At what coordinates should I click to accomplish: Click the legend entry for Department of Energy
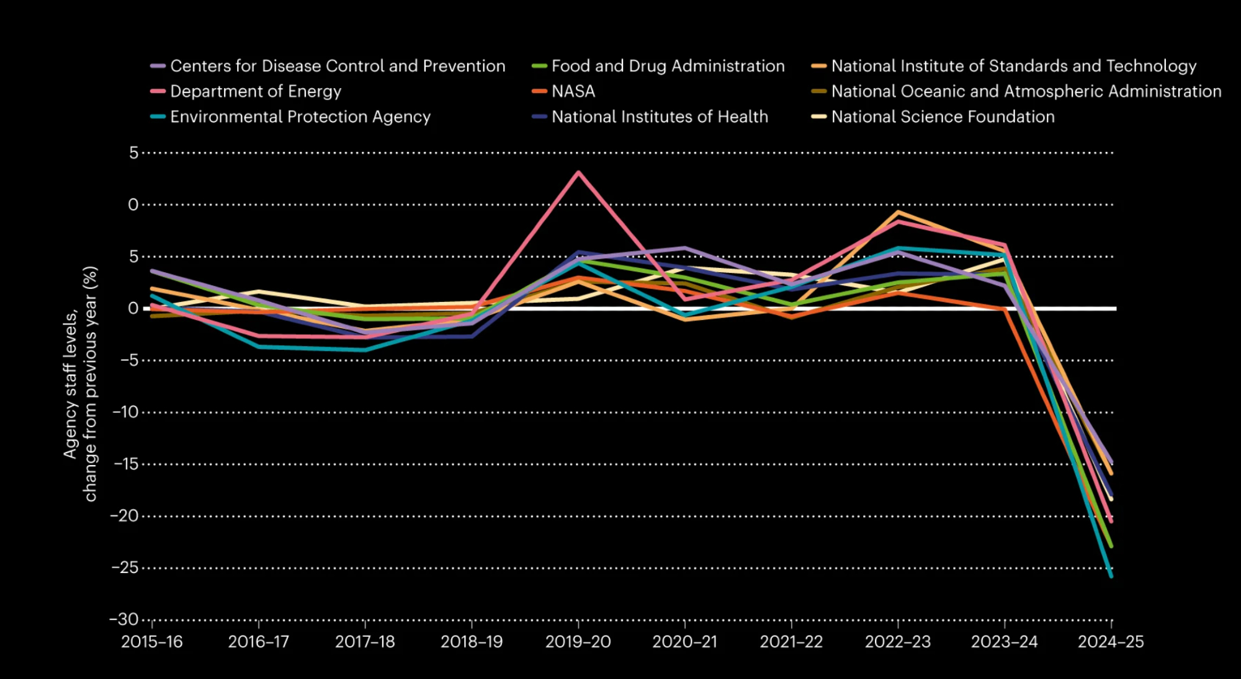click(x=255, y=92)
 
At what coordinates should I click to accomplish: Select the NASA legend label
click(x=573, y=92)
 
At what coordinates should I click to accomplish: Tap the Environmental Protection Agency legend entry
click(x=300, y=117)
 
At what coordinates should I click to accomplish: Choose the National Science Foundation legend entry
click(x=942, y=117)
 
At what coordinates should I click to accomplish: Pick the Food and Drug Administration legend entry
click(x=668, y=66)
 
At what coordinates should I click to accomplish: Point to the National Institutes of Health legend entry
click(x=659, y=117)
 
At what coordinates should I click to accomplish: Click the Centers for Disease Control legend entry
click(x=337, y=66)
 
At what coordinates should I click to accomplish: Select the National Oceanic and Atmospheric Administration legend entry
click(x=1026, y=92)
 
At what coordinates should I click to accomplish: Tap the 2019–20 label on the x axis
click(x=578, y=642)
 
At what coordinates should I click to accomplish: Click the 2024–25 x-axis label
click(x=1111, y=642)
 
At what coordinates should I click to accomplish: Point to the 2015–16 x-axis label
click(x=152, y=642)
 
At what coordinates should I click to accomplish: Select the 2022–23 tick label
click(x=898, y=642)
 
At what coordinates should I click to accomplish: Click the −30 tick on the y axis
click(x=124, y=619)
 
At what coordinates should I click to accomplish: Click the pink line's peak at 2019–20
click(x=578, y=172)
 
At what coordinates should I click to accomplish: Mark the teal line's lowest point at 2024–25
click(x=1111, y=576)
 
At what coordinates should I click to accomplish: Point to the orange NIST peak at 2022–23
click(x=898, y=212)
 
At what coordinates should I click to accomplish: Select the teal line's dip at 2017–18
click(x=365, y=350)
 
